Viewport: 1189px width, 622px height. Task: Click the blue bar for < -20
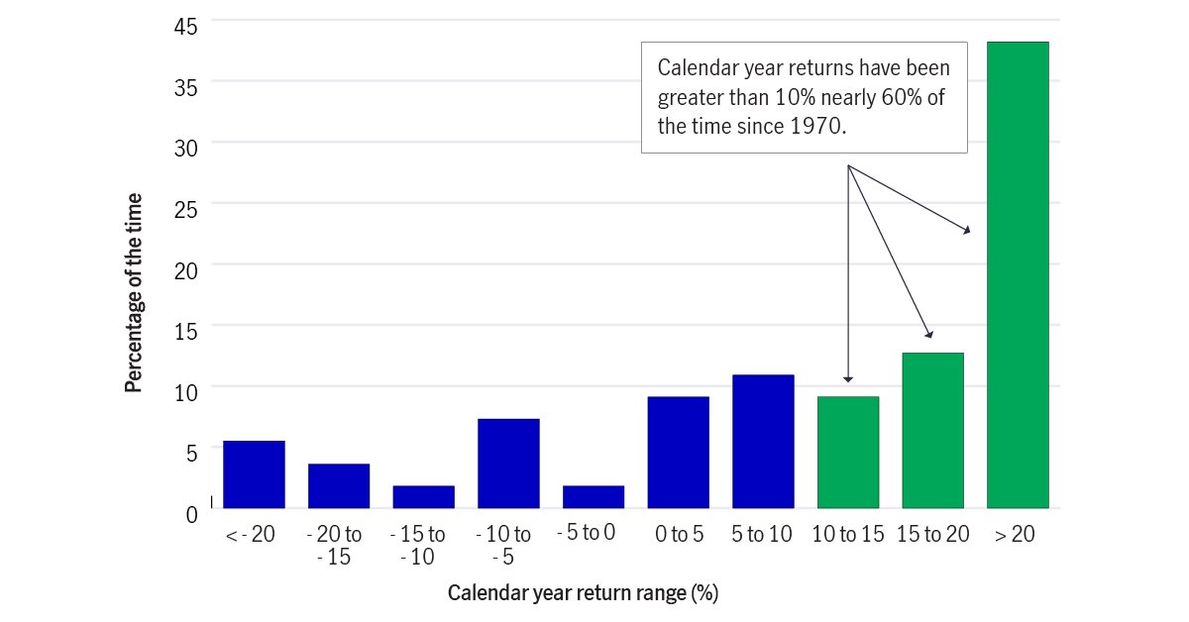254,474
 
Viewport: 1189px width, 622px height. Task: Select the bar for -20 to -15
339,485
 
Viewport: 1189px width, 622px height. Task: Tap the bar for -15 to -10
424,496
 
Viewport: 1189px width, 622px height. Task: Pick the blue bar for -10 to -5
508,464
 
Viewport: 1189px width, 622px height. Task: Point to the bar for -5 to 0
594,496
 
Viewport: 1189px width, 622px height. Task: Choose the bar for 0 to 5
679,452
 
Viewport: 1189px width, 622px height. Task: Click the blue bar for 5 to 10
763,441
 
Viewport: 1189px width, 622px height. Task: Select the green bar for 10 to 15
848,452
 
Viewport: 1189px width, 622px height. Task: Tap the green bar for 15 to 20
933,430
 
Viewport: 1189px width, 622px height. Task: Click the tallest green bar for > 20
1018,274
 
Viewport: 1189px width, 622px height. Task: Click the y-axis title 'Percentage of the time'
134,294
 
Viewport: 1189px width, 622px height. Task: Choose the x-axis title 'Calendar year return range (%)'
583,593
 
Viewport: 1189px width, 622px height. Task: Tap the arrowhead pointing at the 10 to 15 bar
848,378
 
